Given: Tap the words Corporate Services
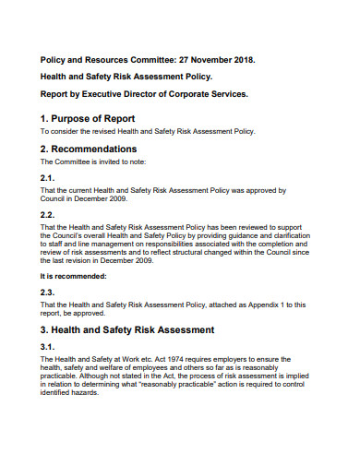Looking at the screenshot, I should (215, 93).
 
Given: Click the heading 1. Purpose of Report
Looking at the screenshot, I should (88, 118).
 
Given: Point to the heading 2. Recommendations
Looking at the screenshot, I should (89, 148).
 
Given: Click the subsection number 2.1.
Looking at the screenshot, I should (48, 177).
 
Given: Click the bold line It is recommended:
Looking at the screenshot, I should (73, 275).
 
